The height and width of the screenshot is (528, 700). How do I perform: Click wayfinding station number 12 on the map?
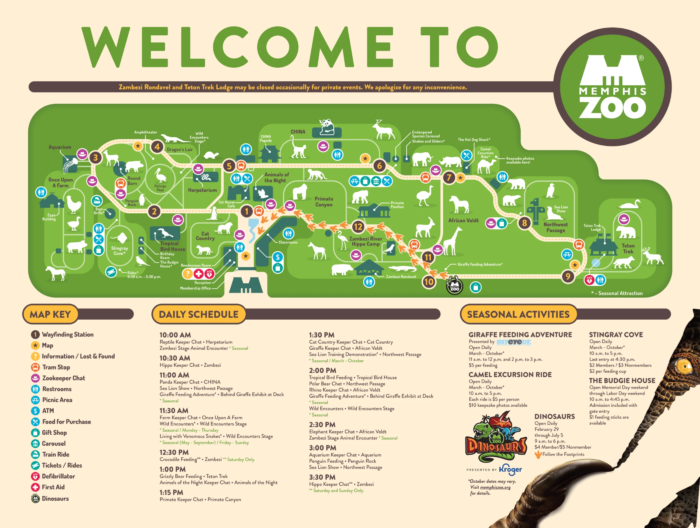tap(358, 227)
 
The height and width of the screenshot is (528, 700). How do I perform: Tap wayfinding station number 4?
tap(157, 147)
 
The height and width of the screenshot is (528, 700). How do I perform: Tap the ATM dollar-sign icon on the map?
tap(278, 257)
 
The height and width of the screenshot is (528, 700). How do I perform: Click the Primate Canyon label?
tap(323, 201)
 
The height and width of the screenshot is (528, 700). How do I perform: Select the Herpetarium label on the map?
tap(202, 190)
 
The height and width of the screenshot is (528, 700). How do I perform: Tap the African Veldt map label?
tap(463, 220)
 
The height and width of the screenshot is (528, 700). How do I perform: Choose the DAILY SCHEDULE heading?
tap(198, 314)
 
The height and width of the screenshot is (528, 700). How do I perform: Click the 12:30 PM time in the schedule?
tap(174, 452)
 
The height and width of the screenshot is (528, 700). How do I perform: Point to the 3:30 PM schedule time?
tap(322, 477)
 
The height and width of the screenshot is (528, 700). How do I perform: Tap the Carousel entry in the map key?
tap(53, 443)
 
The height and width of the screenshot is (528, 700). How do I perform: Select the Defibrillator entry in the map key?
tap(58, 476)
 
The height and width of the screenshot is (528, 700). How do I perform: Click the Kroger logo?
tap(510, 469)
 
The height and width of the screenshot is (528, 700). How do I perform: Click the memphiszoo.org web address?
tap(495, 487)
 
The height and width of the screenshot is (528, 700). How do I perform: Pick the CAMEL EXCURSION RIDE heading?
tap(510, 374)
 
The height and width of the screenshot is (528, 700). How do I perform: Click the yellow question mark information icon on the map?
tap(187, 274)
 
